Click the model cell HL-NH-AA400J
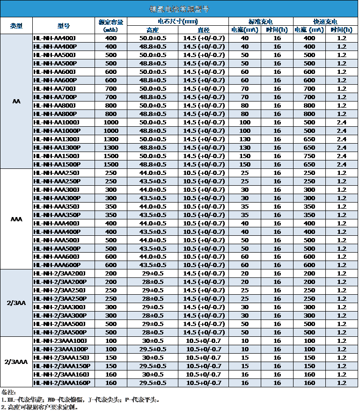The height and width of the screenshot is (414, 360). tap(55, 38)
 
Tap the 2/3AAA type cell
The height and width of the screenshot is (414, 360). tap(16, 362)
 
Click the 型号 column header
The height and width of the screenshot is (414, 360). tap(64, 26)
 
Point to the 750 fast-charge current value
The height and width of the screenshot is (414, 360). tap(309, 156)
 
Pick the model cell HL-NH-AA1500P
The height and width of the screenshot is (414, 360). tap(57, 164)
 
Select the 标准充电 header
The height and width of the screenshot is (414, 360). tap(261, 22)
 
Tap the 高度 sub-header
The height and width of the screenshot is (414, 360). tap(153, 29)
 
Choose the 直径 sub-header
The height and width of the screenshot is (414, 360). tap(204, 29)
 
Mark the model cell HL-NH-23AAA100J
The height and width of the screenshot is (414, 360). tap(60, 341)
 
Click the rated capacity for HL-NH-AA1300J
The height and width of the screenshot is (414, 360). tap(111, 139)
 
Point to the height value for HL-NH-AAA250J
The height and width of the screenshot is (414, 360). tap(153, 173)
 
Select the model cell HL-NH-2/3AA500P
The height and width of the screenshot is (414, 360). tap(59, 332)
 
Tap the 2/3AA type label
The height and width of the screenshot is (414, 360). tap(16, 303)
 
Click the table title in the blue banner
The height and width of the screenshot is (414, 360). tap(180, 9)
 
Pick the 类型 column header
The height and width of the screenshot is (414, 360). tap(16, 26)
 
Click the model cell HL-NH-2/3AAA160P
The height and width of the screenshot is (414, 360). tap(61, 383)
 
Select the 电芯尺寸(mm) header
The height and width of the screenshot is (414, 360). tap(178, 22)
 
